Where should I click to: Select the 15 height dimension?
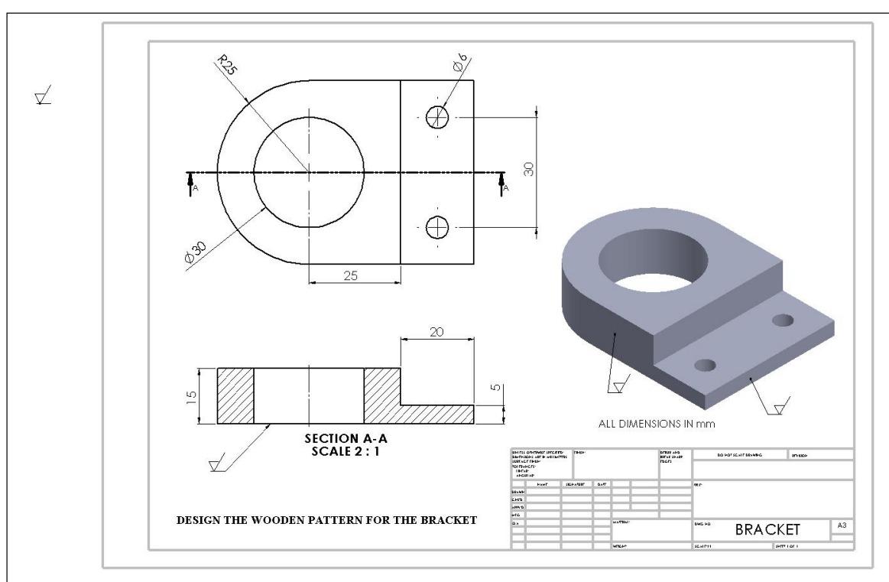point(192,396)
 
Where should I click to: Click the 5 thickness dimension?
point(494,389)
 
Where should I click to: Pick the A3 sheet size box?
point(842,525)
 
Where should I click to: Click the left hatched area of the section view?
point(235,395)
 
